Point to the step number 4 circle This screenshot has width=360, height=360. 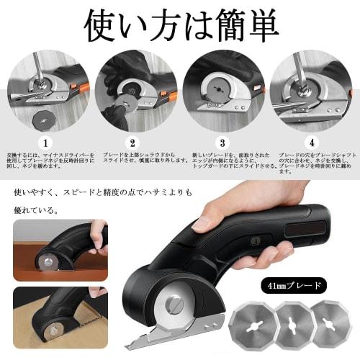pos(311,143)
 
